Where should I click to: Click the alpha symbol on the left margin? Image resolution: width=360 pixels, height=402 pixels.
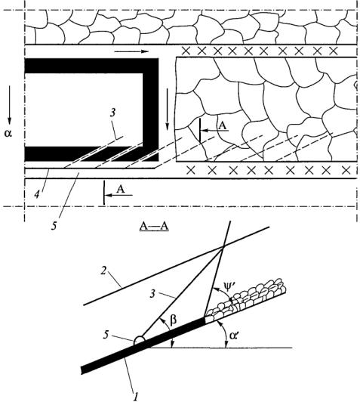[8, 133]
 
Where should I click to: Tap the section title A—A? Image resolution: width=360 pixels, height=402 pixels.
[154, 227]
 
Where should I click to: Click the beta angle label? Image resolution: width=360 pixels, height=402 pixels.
[173, 320]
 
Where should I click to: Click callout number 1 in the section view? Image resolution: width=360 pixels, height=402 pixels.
[135, 397]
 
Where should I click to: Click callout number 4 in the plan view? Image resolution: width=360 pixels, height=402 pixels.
[37, 195]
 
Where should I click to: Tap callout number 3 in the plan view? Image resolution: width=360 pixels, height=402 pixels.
[112, 113]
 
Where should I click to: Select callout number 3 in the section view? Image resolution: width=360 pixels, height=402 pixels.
[152, 294]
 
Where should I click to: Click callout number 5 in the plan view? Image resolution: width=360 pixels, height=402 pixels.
[54, 227]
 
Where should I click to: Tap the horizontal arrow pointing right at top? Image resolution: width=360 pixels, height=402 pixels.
[131, 51]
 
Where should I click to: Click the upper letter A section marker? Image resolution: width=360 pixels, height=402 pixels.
[223, 125]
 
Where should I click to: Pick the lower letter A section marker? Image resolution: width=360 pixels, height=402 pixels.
[121, 190]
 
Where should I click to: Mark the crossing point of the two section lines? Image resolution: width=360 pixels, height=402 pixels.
[223, 246]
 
